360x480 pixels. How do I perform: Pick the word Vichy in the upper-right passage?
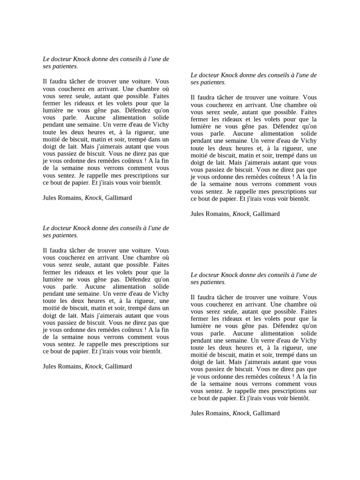[x=307, y=141]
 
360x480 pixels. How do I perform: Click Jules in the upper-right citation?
[x=198, y=214]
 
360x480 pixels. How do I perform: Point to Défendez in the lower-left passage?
[x=132, y=279]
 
